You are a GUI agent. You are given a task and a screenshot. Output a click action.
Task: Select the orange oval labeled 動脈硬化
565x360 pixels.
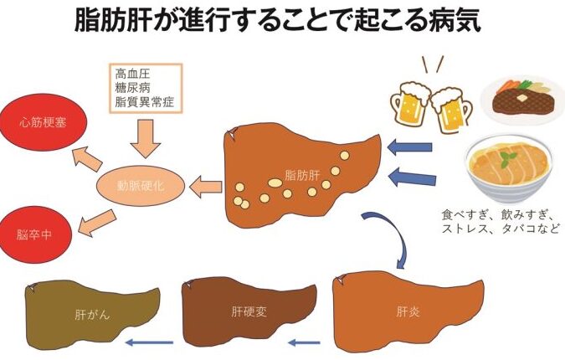(x=138, y=185)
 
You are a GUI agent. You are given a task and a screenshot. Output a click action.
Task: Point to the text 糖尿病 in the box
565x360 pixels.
(x=130, y=90)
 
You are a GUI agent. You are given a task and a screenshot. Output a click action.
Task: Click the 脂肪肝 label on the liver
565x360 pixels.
(x=301, y=175)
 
